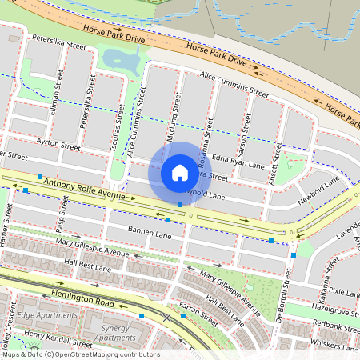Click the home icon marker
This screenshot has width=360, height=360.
(x=180, y=172)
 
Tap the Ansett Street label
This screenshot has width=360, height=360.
(x=276, y=163)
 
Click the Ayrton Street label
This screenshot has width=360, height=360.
(x=59, y=147)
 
